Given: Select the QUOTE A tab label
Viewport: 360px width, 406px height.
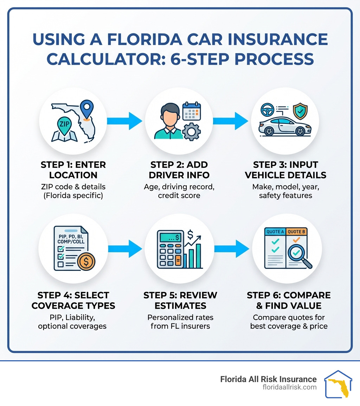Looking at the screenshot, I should [x=275, y=232].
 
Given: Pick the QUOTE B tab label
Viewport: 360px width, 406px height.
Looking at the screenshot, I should [x=296, y=232].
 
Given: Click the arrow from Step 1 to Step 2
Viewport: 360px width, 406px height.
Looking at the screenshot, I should [x=125, y=121].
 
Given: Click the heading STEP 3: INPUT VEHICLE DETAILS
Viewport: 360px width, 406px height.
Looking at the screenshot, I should [x=285, y=170].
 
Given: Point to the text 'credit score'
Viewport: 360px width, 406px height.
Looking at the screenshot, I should [x=179, y=195].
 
